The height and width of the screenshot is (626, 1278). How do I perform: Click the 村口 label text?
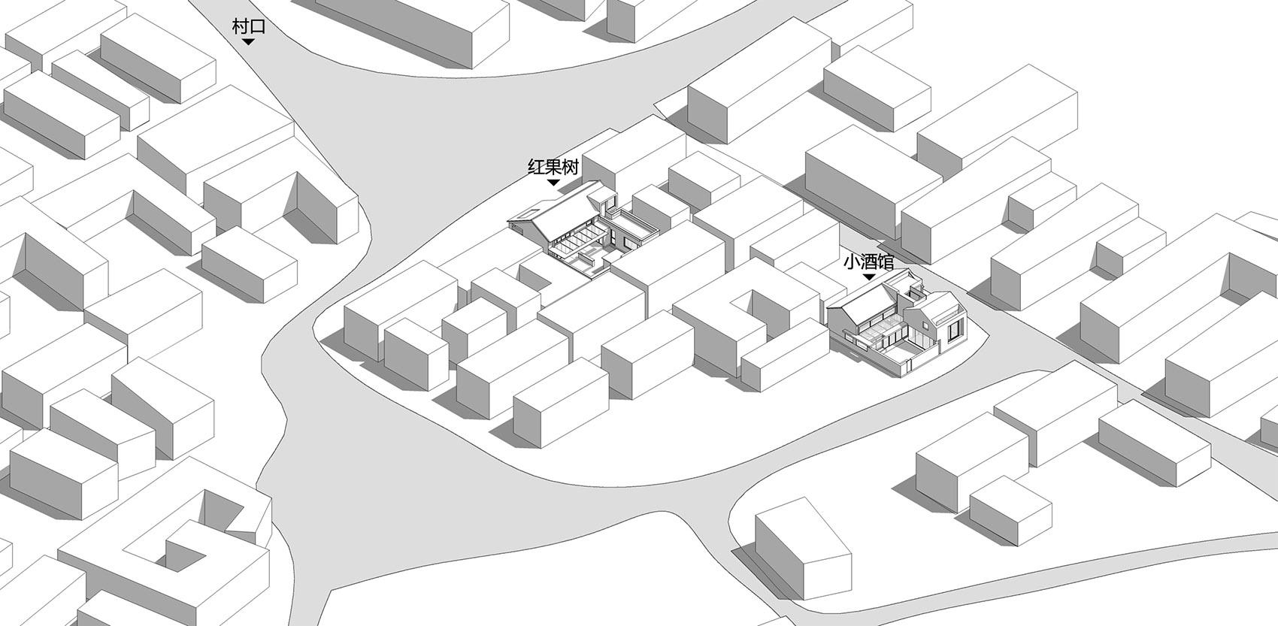pos(249,26)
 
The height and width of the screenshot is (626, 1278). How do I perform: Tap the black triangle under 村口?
pos(248,42)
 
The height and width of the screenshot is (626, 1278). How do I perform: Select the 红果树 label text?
pos(553,167)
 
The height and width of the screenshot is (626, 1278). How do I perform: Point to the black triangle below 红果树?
pos(553,183)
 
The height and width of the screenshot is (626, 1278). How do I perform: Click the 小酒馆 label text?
pos(869,262)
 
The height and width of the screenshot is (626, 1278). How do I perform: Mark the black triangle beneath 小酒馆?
pos(869,277)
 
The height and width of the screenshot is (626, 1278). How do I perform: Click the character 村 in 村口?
pos(241,26)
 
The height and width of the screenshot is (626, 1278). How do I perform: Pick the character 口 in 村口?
pos(258,27)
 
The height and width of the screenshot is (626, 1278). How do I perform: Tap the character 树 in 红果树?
pos(571,167)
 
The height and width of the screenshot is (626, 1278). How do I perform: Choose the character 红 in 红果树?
pos(536,167)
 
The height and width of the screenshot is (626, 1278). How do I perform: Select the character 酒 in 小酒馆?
pos(869,262)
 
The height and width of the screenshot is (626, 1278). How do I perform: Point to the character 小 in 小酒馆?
pos(852,262)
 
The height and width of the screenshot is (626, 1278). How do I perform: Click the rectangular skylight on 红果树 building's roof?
pos(529,213)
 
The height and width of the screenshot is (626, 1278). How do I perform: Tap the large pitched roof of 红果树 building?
pos(565,212)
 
